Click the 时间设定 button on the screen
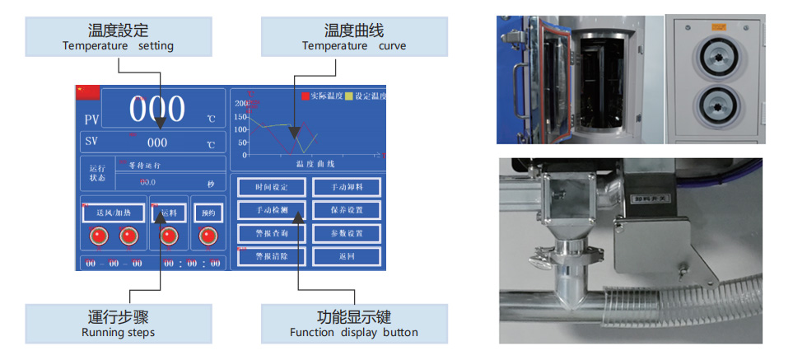271,187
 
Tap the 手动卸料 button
347,187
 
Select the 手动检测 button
271,210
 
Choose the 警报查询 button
271,233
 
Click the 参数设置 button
347,233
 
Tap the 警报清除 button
271,256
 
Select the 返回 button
347,256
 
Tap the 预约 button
208,213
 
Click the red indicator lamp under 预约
208,236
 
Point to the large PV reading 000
156,110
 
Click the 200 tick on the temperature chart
241,103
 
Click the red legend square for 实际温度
304,96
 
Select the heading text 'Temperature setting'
118,46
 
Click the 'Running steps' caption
118,333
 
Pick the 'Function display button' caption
354,333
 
